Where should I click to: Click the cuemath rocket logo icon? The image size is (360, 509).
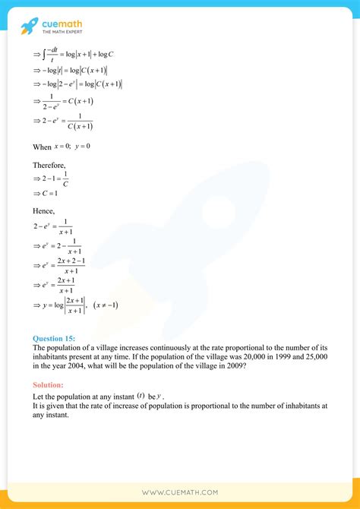(x=30, y=27)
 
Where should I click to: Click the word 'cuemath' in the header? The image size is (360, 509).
(x=63, y=23)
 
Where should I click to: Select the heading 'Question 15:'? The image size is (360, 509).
(x=55, y=338)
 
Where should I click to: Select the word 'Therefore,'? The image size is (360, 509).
(x=49, y=164)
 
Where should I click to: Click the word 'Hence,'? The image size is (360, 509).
(x=44, y=214)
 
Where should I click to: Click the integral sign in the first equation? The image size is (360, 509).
(x=46, y=55)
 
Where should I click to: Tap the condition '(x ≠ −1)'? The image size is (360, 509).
(x=106, y=305)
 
